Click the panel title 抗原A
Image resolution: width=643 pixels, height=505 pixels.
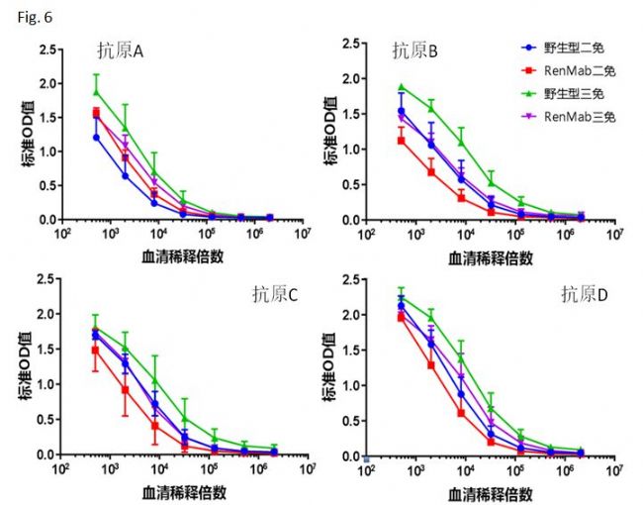[x=122, y=51]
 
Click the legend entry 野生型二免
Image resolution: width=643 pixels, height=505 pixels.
[x=568, y=47]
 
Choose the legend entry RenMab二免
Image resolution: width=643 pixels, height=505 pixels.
[x=568, y=70]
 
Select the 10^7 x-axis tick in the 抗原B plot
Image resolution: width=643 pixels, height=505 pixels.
[x=613, y=234]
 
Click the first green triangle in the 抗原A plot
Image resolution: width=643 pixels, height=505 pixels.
[x=96, y=92]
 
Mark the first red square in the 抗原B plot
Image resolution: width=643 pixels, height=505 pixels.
[x=401, y=141]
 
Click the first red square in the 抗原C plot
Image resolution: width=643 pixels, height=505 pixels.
[x=95, y=351]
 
